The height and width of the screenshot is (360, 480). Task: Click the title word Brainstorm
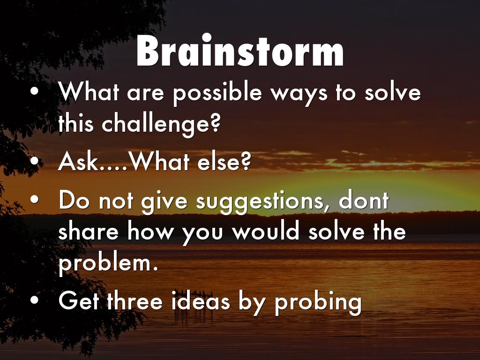coord(240,51)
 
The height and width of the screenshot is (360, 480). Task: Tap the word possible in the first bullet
coord(217,93)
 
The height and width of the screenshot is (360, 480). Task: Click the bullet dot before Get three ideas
coord(35,300)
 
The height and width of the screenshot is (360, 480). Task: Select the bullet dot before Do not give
coord(35,199)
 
